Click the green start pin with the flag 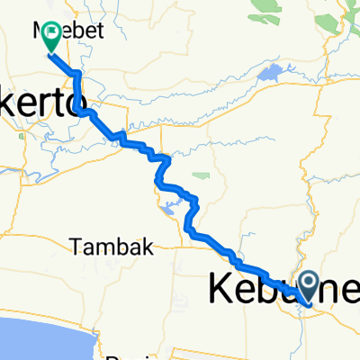50,37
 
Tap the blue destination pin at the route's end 309,288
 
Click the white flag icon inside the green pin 51,33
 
